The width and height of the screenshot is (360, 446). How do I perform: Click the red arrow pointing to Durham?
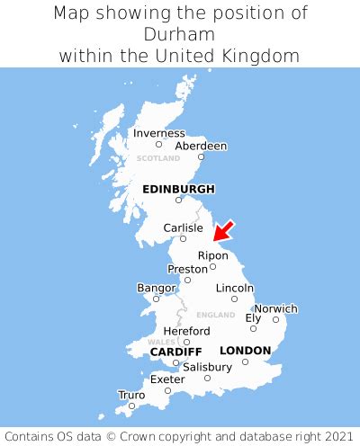click(x=223, y=230)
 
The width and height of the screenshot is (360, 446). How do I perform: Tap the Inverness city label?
click(x=158, y=133)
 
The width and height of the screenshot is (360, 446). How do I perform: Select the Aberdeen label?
click(x=201, y=146)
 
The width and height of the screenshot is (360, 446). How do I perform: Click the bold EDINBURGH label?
click(x=179, y=189)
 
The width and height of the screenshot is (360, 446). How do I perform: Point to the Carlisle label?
click(x=183, y=227)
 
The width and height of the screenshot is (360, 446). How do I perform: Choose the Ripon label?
click(x=213, y=255)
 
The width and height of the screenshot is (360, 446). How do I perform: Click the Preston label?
click(x=188, y=269)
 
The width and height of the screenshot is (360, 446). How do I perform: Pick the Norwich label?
click(x=275, y=308)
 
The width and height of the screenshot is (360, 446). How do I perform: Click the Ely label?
click(x=254, y=317)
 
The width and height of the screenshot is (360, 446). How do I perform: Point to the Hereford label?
click(x=186, y=331)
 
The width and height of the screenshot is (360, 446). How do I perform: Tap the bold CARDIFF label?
click(x=175, y=351)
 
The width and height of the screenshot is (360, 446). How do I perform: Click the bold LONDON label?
click(x=245, y=350)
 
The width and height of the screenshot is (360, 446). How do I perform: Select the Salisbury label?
click(x=207, y=367)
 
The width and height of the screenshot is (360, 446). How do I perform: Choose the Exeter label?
click(x=168, y=379)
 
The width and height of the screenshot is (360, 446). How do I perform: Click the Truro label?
click(x=131, y=395)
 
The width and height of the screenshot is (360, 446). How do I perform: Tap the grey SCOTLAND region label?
click(x=158, y=158)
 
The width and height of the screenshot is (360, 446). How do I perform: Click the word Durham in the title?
click(x=179, y=34)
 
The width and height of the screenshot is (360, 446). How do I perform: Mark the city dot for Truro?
click(x=131, y=406)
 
